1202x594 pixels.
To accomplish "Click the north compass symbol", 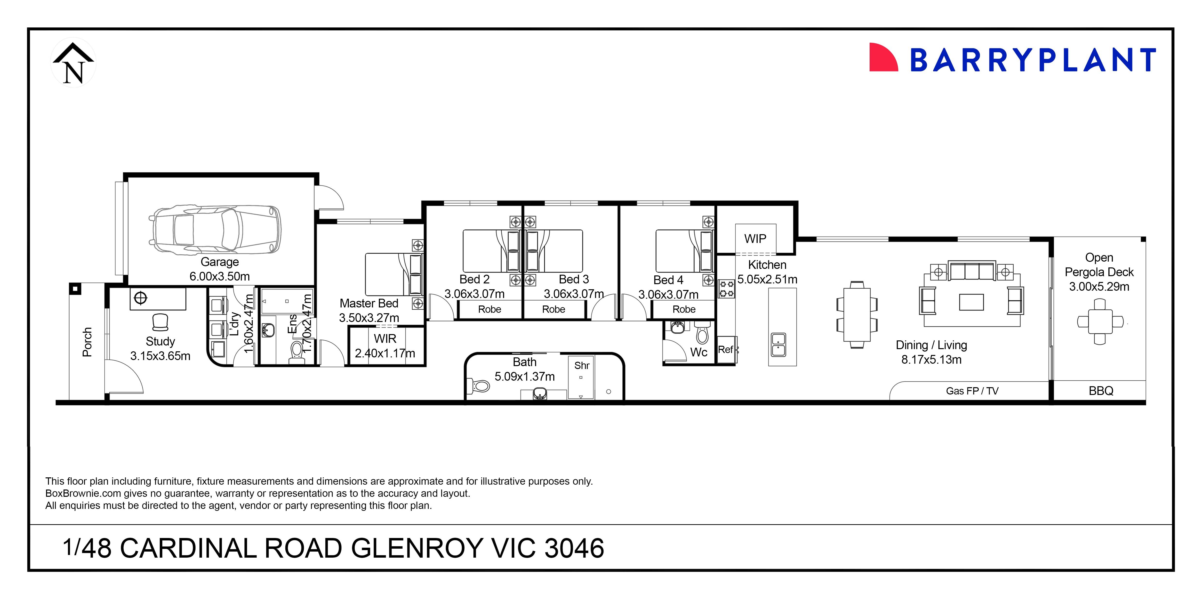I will click(73, 63).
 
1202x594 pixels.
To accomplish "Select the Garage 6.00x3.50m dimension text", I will click(219, 276).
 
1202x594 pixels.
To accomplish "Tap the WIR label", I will click(385, 339).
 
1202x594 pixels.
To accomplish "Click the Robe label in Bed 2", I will click(489, 309).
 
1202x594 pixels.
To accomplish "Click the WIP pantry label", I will click(755, 239).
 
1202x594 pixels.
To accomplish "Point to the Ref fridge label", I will click(726, 350).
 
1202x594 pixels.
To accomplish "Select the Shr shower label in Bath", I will click(581, 365).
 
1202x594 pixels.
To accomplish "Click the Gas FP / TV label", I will click(972, 391).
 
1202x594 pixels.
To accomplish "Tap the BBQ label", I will click(1101, 391).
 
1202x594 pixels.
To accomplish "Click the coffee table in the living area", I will click(971, 302).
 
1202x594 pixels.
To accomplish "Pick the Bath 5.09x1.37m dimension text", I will click(524, 377).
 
